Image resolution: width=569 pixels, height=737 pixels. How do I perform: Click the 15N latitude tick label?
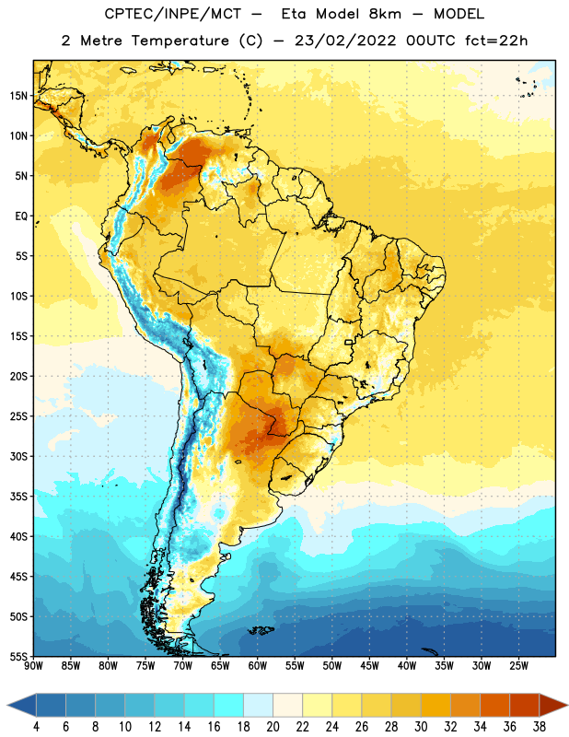[18, 96]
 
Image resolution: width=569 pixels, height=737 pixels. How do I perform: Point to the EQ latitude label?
[21, 216]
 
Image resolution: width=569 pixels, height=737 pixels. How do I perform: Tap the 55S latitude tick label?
[18, 656]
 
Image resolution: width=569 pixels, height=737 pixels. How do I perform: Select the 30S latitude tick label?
[18, 456]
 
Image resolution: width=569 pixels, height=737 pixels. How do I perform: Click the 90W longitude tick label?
[33, 666]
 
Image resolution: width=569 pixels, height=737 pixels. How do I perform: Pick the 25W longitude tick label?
[518, 666]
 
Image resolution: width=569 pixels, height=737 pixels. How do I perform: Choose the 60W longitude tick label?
[258, 666]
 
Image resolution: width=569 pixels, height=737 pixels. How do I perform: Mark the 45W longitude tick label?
[369, 666]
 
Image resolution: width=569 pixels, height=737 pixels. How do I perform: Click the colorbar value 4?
[36, 727]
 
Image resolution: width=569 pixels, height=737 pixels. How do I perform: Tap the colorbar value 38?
[540, 727]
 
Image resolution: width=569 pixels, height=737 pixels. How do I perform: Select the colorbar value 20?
[273, 727]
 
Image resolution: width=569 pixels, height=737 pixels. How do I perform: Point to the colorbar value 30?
[421, 727]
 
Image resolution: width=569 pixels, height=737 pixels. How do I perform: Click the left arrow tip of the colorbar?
[7, 705]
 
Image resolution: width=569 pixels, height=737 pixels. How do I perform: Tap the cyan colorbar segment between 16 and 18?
[229, 705]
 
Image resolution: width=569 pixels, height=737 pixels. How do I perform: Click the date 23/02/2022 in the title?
[345, 41]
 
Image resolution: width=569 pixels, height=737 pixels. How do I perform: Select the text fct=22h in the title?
[496, 41]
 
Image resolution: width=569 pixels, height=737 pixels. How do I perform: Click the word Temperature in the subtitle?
[180, 41]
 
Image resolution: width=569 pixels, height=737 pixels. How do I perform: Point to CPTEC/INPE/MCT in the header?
[172, 14]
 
